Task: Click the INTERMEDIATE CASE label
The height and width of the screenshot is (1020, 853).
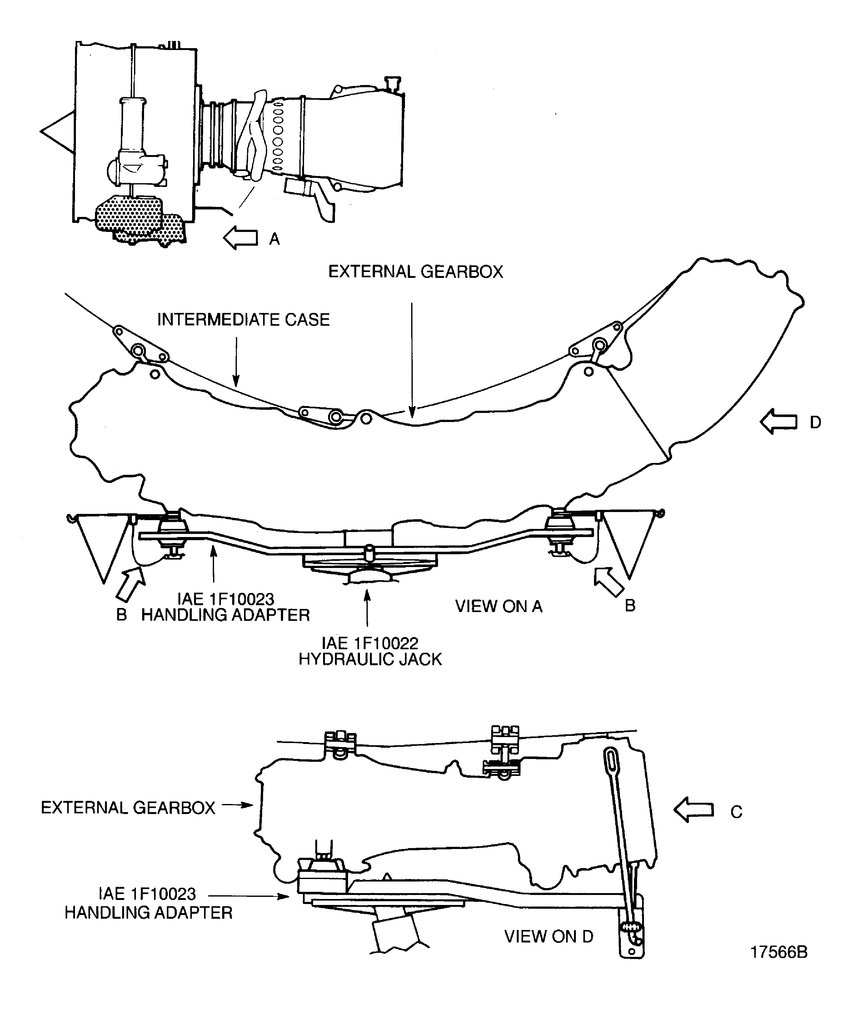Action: pyautogui.click(x=243, y=319)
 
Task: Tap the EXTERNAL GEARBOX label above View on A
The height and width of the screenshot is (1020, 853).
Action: pyautogui.click(x=416, y=272)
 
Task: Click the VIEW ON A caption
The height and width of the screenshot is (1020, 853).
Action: pyautogui.click(x=499, y=606)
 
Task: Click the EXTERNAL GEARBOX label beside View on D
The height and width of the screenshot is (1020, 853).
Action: pyautogui.click(x=128, y=807)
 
